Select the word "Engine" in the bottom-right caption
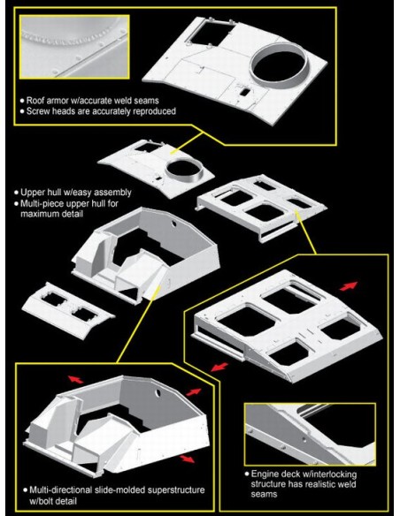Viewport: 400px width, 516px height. pos(265,474)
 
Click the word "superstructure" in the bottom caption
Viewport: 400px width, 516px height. pos(176,490)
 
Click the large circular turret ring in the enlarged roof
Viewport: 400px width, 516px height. pos(279,64)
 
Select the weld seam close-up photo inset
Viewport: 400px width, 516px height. pos(74,47)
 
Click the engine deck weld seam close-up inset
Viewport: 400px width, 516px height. pos(310,434)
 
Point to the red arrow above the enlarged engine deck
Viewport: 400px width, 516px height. pos(349,286)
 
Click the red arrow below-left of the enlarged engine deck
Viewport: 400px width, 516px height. pos(219,367)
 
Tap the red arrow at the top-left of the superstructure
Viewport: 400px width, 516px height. pos(76,379)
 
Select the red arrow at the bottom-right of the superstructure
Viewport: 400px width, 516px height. pos(187,459)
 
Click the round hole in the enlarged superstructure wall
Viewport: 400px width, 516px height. pos(158,392)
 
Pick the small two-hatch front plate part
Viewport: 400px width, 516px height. pos(68,310)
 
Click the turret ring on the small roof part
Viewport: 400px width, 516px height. pos(184,170)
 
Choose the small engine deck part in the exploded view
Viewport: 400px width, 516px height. pos(262,208)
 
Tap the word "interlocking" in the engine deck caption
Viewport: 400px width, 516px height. pos(333,474)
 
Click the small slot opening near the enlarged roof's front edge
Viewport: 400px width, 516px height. pos(244,92)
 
